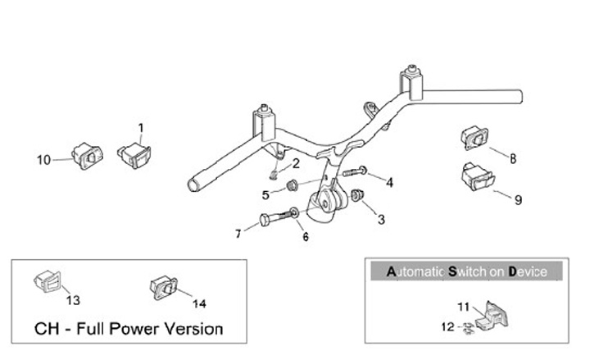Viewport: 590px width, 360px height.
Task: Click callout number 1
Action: [140, 128]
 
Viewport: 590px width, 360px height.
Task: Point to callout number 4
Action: [389, 182]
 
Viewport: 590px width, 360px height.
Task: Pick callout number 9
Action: [518, 198]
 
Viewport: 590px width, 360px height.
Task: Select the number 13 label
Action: [72, 299]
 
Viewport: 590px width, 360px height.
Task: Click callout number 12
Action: [447, 326]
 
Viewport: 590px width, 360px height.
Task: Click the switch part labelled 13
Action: [46, 280]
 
